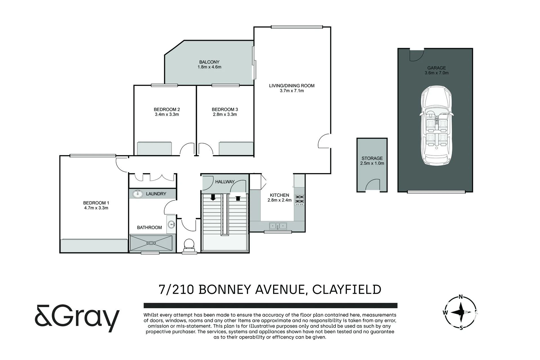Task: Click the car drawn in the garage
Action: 436,126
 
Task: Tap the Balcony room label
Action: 209,62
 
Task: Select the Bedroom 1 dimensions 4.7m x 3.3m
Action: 96,208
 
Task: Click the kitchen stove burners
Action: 299,200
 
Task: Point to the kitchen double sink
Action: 278,226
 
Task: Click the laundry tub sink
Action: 138,194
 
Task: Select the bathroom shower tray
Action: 151,243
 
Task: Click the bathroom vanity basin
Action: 171,224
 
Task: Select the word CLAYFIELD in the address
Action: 347,290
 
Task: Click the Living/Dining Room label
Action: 292,86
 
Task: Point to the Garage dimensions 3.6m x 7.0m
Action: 436,73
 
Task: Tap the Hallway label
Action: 225,182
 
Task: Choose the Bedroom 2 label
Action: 167,109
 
